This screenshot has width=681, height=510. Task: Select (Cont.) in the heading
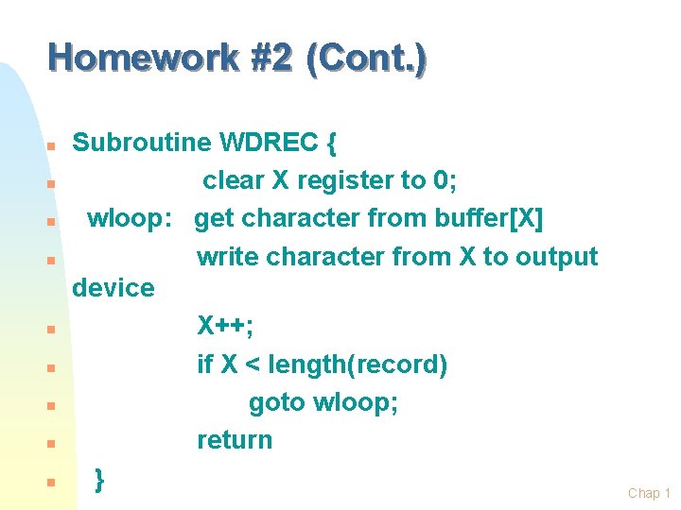(x=372, y=59)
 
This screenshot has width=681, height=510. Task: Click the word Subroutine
(x=142, y=143)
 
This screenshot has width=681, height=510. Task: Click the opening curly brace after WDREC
(x=330, y=144)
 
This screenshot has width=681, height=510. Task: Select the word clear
(x=234, y=180)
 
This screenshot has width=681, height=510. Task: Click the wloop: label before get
(x=130, y=219)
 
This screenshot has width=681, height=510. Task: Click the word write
(x=228, y=257)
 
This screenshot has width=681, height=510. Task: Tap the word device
(x=113, y=287)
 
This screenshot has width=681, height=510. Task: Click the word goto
(x=277, y=402)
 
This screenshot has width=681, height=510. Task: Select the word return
(x=235, y=440)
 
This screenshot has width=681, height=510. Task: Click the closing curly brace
(x=100, y=479)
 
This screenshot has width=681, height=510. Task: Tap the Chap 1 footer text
(x=649, y=493)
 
